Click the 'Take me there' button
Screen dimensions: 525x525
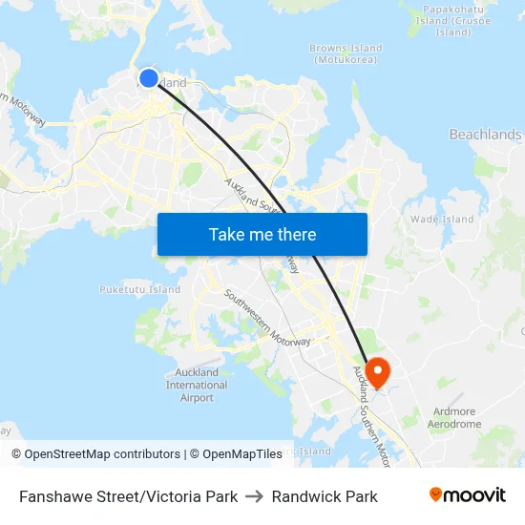[262, 234]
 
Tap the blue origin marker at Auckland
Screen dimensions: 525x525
[149, 78]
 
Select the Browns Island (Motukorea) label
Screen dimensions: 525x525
[346, 54]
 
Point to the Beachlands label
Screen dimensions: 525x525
[485, 135]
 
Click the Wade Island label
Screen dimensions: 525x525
[441, 219]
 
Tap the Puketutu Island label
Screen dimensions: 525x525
[139, 289]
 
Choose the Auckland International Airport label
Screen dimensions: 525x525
[197, 385]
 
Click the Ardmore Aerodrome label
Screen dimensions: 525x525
[453, 418]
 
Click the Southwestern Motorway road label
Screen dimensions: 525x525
[266, 317]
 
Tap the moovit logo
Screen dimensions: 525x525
[467, 495]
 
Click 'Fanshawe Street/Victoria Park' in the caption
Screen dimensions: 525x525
[128, 496]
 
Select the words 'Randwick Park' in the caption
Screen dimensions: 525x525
[325, 496]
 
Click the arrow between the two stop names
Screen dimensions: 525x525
[255, 496]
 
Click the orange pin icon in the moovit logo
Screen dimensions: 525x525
[436, 494]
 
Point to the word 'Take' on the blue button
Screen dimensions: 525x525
[225, 234]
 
